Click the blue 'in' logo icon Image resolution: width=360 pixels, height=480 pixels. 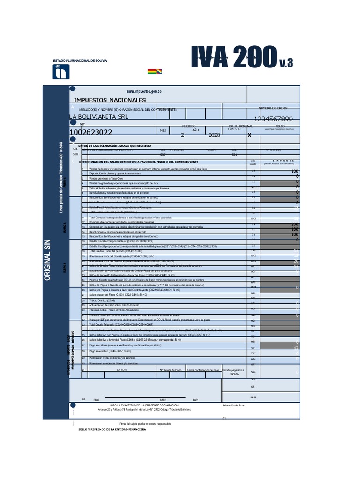coord(61,72)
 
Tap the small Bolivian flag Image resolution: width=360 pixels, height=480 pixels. coord(154,71)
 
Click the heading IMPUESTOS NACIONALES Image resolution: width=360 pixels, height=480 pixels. coord(110,100)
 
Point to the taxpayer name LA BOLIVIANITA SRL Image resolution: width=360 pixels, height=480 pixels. coord(98,117)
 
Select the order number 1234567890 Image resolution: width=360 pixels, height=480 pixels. coord(273,119)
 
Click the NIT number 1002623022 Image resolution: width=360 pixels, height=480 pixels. coord(90,133)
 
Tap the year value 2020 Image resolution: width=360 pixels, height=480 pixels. coord(214,135)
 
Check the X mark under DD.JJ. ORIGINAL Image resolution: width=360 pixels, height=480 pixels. coord(249,135)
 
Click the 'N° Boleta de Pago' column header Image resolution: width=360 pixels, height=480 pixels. coord(171,370)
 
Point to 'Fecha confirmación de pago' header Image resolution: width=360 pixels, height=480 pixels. coord(202,370)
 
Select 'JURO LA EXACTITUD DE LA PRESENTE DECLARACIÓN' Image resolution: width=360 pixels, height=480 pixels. coord(144,405)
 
